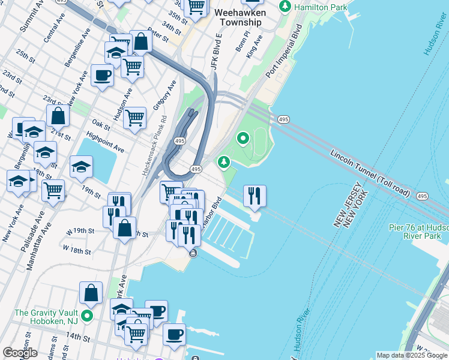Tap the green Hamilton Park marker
point(286,7)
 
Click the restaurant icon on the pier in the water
point(255,196)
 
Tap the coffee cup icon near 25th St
point(102,76)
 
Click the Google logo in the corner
point(20,353)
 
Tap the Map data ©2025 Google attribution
point(411,355)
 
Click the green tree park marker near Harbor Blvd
point(224,162)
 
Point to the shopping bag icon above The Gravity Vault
point(91,293)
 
